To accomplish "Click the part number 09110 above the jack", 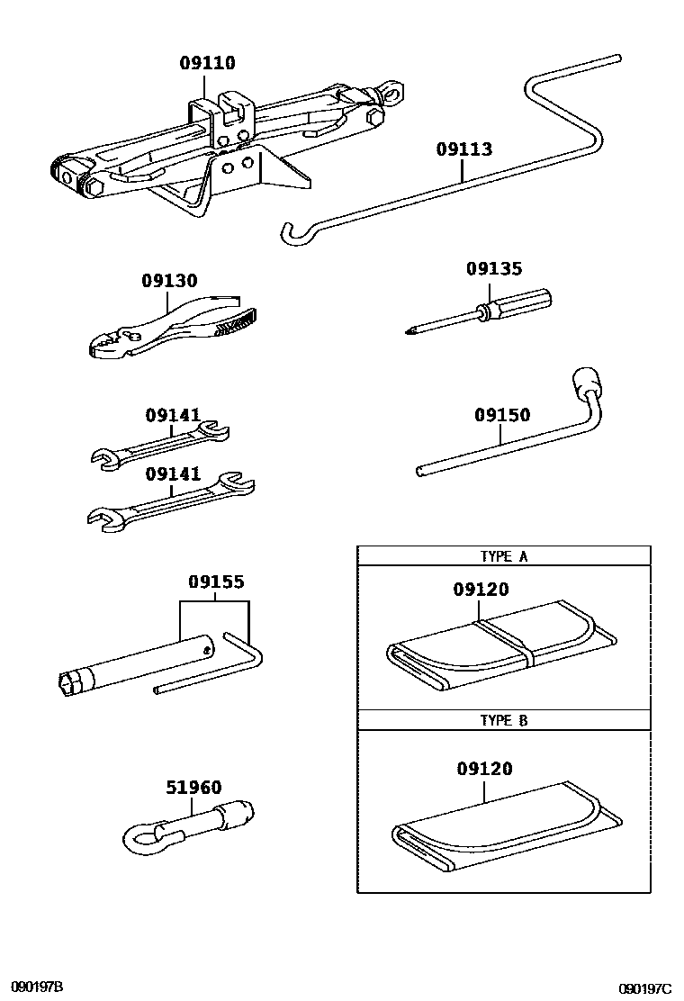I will pos(207,63).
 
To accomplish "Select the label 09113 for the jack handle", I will pos(464,149).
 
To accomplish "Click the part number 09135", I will pos(493,269).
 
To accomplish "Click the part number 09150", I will pos(502,415).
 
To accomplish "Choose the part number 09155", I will pos(216,582).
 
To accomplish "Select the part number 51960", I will pos(193,787).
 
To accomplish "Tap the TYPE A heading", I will pos(503,556).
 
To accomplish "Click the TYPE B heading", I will pos(503,720).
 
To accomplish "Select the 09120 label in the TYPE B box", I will pos(484,768).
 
